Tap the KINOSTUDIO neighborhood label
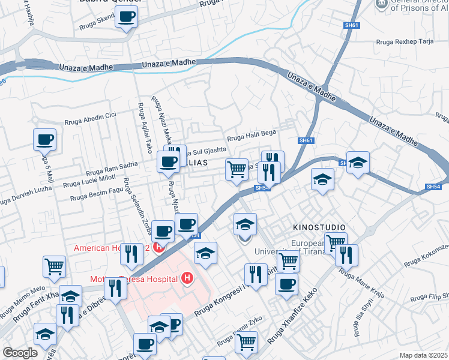(319, 227)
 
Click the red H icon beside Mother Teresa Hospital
(187, 278)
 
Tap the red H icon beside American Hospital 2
(158, 247)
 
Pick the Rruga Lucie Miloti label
(89, 180)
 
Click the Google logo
(20, 353)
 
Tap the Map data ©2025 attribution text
(423, 355)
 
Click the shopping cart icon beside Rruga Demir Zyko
(247, 341)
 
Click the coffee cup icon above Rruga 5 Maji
(45, 139)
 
